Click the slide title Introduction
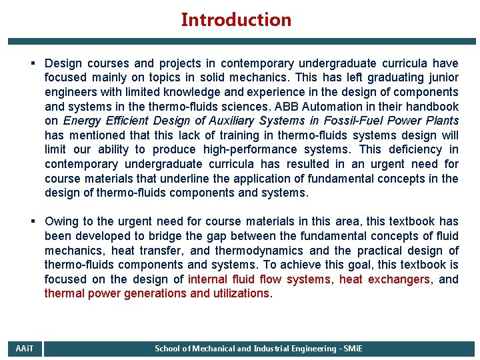(236, 20)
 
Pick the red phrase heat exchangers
(385, 279)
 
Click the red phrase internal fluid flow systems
(259, 279)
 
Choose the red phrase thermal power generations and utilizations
(157, 293)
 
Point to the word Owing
(63, 221)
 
